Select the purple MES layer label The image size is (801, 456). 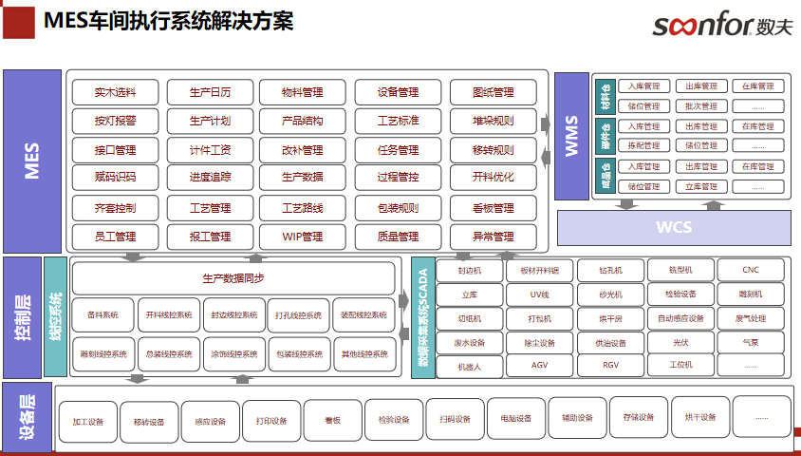coord(31,160)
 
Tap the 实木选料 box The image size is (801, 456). coord(115,93)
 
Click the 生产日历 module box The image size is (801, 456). coord(210,93)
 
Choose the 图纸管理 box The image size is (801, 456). coord(493,93)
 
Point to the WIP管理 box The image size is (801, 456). coord(303,236)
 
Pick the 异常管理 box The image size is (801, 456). coord(493,236)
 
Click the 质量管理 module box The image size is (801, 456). coord(398,236)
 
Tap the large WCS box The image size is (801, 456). coord(674,227)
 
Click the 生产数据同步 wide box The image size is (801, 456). coord(233,278)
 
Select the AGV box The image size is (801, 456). coord(539,365)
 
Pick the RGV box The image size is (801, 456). coord(610,365)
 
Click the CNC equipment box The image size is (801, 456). coord(751,270)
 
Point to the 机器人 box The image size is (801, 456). coord(469,365)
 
